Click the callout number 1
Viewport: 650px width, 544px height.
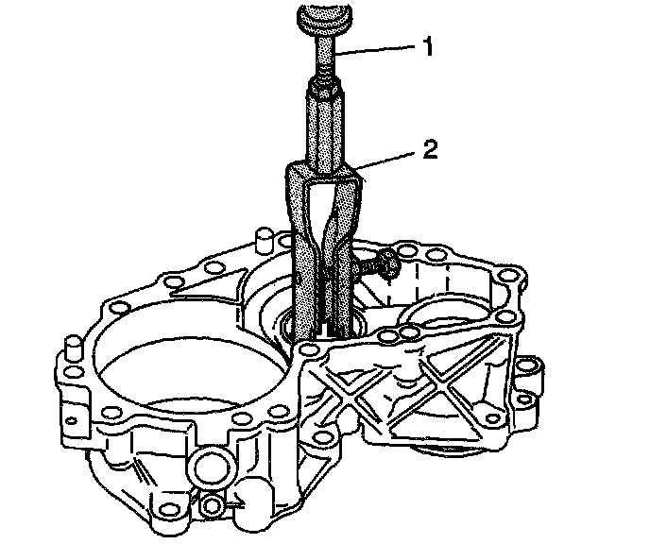[x=427, y=46]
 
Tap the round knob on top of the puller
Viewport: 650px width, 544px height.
[x=325, y=19]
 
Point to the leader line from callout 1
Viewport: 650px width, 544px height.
[x=376, y=49]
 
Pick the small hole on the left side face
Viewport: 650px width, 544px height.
[x=72, y=421]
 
